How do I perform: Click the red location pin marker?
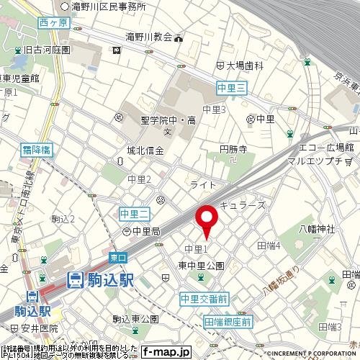coord(207,222)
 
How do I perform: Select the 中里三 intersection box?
coord(232,88)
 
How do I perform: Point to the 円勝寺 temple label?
coord(233,150)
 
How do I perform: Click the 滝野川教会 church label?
coord(150,37)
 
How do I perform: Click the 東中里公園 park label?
coord(202,265)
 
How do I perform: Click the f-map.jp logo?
coord(165,352)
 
